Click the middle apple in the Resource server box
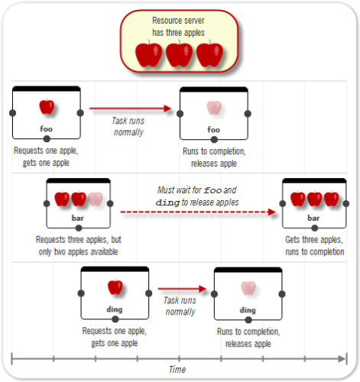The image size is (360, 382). coord(179,55)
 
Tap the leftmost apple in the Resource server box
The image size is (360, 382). coord(148,55)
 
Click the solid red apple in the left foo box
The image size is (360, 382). coord(47,107)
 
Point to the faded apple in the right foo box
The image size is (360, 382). coord(213,108)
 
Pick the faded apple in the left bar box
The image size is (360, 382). coord(95,199)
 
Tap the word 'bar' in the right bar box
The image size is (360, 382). coord(313,218)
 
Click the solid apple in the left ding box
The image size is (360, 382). coord(115,287)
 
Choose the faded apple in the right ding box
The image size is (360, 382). coord(248,288)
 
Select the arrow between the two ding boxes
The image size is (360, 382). coord(183,289)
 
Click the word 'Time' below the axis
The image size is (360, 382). coord(177,370)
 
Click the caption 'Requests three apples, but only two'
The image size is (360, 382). coord(79,245)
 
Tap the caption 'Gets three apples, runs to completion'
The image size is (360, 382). coord(314,245)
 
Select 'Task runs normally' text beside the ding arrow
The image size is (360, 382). coord(181,306)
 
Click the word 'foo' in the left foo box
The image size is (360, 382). coord(47,129)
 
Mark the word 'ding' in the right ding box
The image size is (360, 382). coord(248,309)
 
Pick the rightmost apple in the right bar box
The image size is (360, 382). coord(330,199)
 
